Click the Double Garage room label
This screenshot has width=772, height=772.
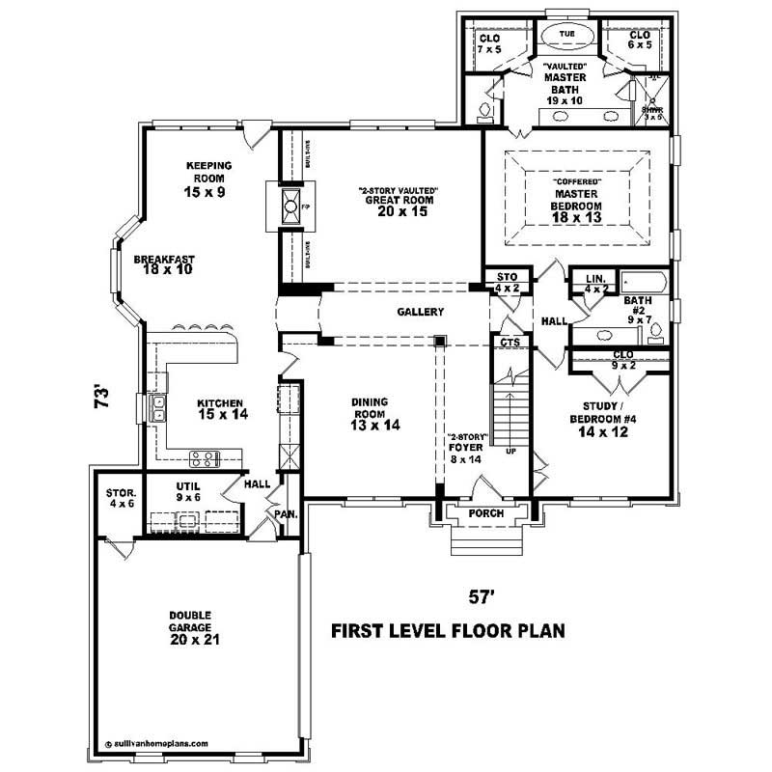(190, 626)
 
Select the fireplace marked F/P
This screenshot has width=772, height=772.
(288, 207)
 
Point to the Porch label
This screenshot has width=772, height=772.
(485, 513)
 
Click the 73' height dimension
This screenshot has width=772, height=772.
(101, 399)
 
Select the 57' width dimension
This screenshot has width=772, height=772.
(482, 597)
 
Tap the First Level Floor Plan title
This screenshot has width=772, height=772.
(447, 631)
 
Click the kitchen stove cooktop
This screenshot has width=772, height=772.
(206, 458)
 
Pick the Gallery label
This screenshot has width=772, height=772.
(420, 312)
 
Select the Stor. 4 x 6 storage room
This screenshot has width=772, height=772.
(121, 498)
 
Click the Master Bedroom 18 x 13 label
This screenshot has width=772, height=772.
(577, 200)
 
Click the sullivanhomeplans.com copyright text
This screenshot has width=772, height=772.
(156, 744)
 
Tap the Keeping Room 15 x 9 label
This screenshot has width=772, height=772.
(205, 179)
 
